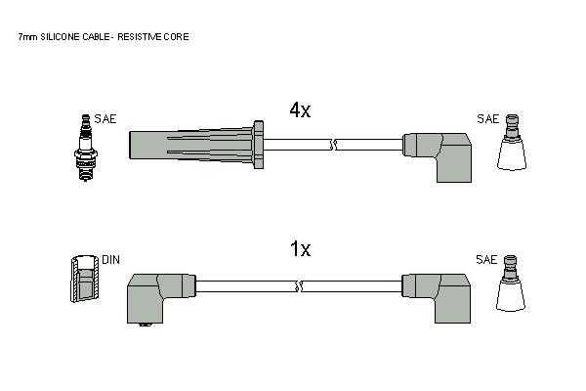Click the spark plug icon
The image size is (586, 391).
point(86,148)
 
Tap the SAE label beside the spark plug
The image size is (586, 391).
point(105,119)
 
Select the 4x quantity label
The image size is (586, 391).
point(300,110)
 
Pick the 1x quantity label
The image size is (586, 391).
point(301,249)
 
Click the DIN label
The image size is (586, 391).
point(111,260)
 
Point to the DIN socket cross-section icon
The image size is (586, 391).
point(85,279)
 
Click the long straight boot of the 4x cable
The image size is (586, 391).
point(191,145)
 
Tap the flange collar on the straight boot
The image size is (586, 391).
point(258,145)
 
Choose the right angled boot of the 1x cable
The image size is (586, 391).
point(437,298)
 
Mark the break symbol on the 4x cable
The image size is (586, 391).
point(333,145)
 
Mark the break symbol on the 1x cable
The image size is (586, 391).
point(299,286)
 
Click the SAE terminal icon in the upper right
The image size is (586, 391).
point(512,143)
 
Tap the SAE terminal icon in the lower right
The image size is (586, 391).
point(511,283)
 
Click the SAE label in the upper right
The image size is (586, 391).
point(487,119)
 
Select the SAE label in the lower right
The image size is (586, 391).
point(486,260)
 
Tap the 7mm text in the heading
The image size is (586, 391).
point(27,37)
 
